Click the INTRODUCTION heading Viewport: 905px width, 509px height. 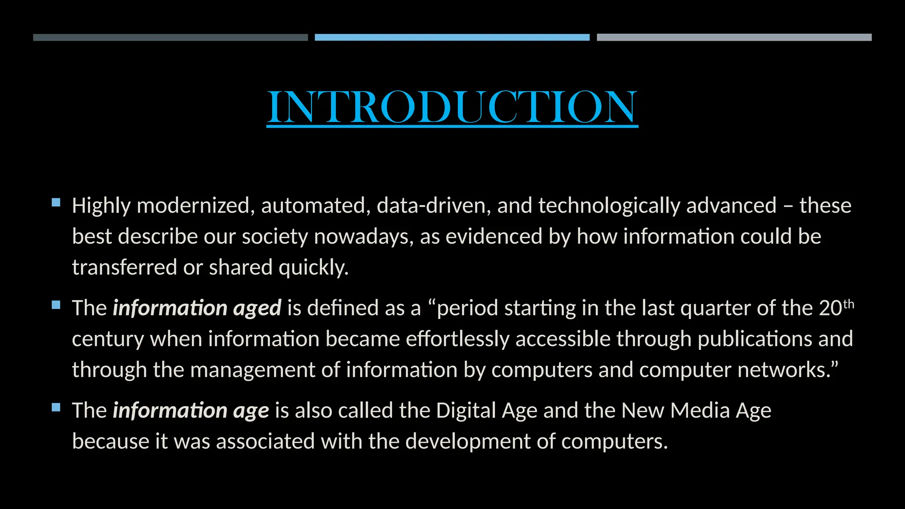click(452, 106)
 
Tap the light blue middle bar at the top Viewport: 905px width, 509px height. click(452, 38)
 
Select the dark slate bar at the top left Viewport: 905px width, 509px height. click(170, 38)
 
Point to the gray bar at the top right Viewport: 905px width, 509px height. click(734, 38)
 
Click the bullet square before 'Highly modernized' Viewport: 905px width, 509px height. click(56, 203)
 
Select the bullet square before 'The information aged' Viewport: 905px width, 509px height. click(56, 305)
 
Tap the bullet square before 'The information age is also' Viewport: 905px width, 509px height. click(56, 407)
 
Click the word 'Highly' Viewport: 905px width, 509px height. click(101, 206)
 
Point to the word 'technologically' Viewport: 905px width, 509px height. click(609, 206)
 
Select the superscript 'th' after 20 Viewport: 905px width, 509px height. click(848, 304)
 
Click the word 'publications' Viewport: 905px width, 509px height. click(755, 339)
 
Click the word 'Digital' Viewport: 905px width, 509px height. click(466, 411)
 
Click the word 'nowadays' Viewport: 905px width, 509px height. click(364, 237)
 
